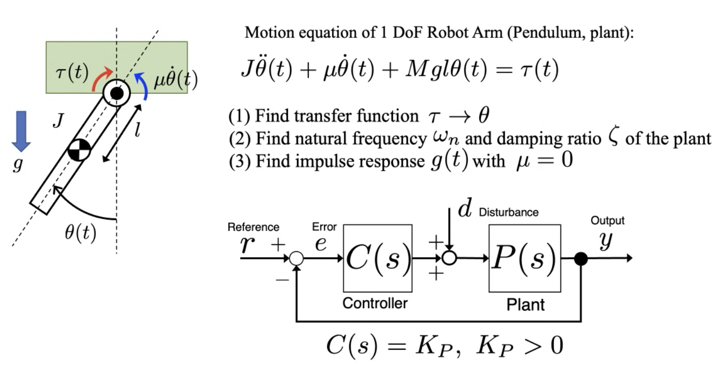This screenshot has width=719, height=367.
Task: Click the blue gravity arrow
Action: pyautogui.click(x=21, y=131)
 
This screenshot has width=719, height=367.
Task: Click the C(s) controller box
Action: pyautogui.click(x=377, y=258)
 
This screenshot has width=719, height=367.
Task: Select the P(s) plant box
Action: pyautogui.click(x=524, y=258)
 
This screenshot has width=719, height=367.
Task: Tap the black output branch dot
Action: pyautogui.click(x=581, y=258)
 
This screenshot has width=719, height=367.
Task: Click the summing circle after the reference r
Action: pyautogui.click(x=296, y=258)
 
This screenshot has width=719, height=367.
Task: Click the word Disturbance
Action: pyautogui.click(x=509, y=213)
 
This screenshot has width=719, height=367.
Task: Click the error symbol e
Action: pyautogui.click(x=321, y=243)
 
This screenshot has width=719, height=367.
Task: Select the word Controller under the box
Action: pyautogui.click(x=375, y=303)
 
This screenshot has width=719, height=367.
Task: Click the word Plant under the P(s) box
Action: pyautogui.click(x=525, y=304)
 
